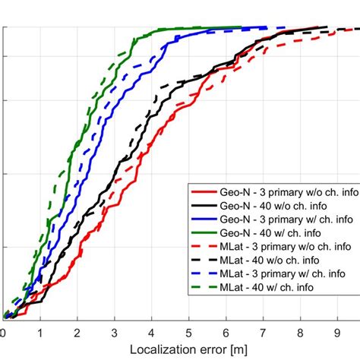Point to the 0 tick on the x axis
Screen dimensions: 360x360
4,333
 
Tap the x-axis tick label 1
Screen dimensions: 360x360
40,333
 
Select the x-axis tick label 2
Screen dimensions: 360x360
77,333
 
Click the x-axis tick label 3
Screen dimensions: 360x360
115,333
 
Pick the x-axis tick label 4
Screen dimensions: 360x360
151,333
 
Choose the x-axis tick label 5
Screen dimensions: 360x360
188,333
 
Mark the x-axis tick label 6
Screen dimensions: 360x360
226,333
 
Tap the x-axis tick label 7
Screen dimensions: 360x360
263,333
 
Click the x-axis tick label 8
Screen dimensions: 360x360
299,333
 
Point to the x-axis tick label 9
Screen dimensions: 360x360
336,333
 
